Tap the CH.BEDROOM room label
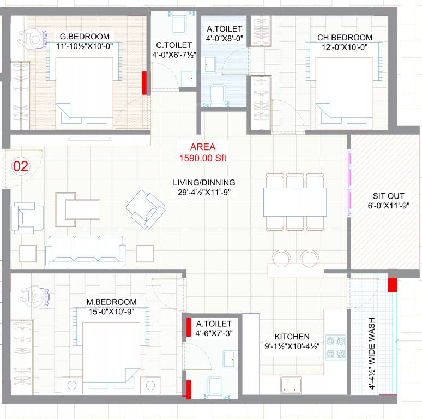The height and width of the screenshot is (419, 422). tap(345, 38)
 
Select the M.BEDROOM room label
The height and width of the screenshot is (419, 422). tap(111, 302)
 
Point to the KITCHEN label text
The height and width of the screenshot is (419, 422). tap(292, 337)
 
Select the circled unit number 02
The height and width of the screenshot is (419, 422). tap(20, 166)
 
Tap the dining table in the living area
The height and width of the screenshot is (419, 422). tap(295, 201)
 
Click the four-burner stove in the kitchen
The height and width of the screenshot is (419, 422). tap(335, 347)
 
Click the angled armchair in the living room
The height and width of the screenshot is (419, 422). tap(146, 208)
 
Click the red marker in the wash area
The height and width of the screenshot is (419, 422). tap(391, 284)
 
